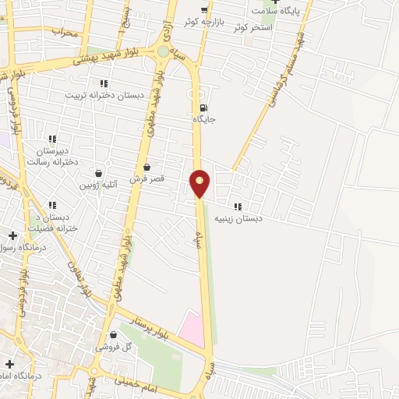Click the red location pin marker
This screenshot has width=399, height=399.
(x=200, y=182)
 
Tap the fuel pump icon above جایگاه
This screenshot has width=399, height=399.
(x=204, y=108)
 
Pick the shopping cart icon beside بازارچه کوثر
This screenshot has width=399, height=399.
(x=204, y=11)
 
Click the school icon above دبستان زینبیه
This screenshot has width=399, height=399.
(x=238, y=207)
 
